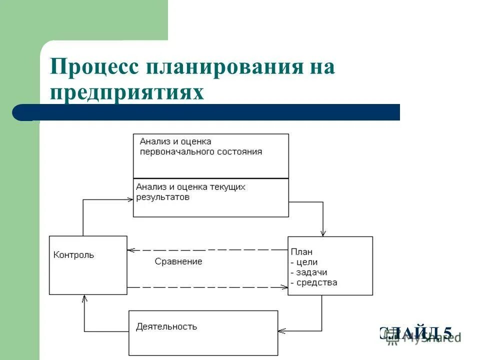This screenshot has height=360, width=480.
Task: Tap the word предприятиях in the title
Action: [x=127, y=92]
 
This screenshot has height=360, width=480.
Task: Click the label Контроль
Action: [x=73, y=255]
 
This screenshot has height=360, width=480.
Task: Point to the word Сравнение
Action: [x=178, y=261]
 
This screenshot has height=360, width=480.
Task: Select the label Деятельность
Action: [x=166, y=327]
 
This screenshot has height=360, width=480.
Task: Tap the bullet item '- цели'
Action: [x=304, y=262]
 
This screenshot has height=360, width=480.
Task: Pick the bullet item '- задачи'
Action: [x=308, y=272]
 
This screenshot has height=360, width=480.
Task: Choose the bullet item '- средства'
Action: [x=313, y=282]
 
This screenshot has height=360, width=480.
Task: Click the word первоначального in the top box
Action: [x=171, y=151]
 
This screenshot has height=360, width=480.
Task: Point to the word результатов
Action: [x=163, y=197]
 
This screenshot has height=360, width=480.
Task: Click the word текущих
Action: [x=228, y=187]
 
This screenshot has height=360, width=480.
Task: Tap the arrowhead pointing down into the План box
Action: [x=323, y=232]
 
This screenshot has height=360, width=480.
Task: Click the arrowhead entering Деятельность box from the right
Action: [x=281, y=330]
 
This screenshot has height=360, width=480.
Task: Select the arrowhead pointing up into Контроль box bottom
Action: [x=84, y=298]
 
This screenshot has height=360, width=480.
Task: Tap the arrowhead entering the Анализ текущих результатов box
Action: [x=129, y=200]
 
